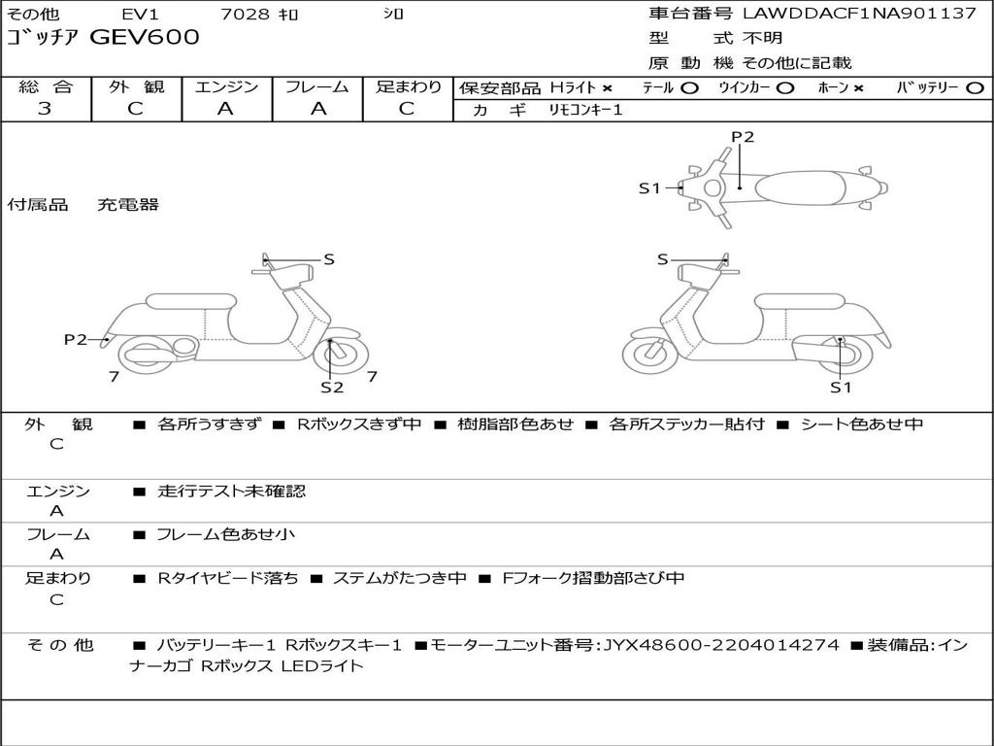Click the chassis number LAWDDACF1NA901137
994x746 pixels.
click(x=859, y=14)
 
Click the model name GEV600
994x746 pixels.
click(x=145, y=37)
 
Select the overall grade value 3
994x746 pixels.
click(x=45, y=109)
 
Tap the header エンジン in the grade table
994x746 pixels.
click(x=226, y=86)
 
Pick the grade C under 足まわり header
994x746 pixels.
click(x=407, y=109)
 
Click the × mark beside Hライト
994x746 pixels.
click(x=608, y=88)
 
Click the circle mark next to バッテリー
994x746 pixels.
click(x=975, y=88)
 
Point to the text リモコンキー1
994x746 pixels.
click(x=585, y=110)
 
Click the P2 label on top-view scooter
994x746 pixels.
click(x=743, y=137)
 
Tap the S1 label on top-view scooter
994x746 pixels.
click(x=649, y=187)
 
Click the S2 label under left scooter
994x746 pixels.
click(x=332, y=387)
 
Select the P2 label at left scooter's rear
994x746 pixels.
click(x=76, y=339)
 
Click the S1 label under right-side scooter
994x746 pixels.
click(x=841, y=387)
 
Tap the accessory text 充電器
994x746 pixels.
click(x=128, y=204)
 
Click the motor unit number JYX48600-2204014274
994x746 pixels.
click(x=721, y=645)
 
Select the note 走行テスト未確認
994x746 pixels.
click(x=231, y=491)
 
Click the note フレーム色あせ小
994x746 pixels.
click(x=225, y=534)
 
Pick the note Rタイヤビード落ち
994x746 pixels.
click(x=227, y=578)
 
